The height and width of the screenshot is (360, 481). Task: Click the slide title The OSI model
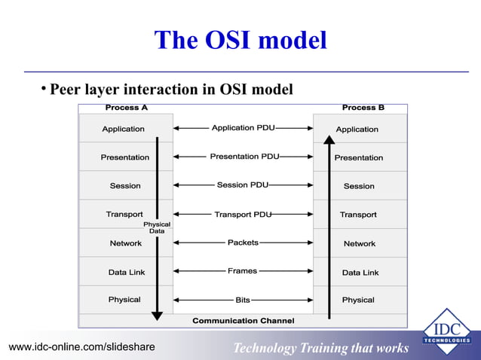[x=240, y=40]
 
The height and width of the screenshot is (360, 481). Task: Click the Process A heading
[x=126, y=108]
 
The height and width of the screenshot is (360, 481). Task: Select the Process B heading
[x=363, y=108]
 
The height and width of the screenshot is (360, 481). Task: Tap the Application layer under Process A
[x=123, y=129]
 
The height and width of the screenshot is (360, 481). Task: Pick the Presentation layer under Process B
[x=358, y=157]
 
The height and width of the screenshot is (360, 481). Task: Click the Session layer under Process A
[x=124, y=186]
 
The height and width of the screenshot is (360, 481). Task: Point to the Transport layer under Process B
[x=358, y=215]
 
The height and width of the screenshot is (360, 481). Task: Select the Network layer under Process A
[x=125, y=243]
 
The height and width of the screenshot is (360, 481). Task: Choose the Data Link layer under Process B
[x=360, y=272]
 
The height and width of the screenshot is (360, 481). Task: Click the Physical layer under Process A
[x=124, y=300]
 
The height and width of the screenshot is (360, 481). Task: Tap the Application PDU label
[x=243, y=128]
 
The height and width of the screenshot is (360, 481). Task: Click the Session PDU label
[x=243, y=185]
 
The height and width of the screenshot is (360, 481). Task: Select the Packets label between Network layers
[x=243, y=243]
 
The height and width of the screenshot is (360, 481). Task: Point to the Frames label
[x=243, y=271]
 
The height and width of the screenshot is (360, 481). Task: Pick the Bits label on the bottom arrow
[x=243, y=300]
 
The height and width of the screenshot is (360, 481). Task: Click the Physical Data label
[x=157, y=227]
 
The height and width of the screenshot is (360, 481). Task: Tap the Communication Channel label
[x=243, y=321]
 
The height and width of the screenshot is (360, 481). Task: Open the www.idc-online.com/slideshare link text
[x=81, y=346]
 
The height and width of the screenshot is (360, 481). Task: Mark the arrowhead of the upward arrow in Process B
[x=329, y=139]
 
